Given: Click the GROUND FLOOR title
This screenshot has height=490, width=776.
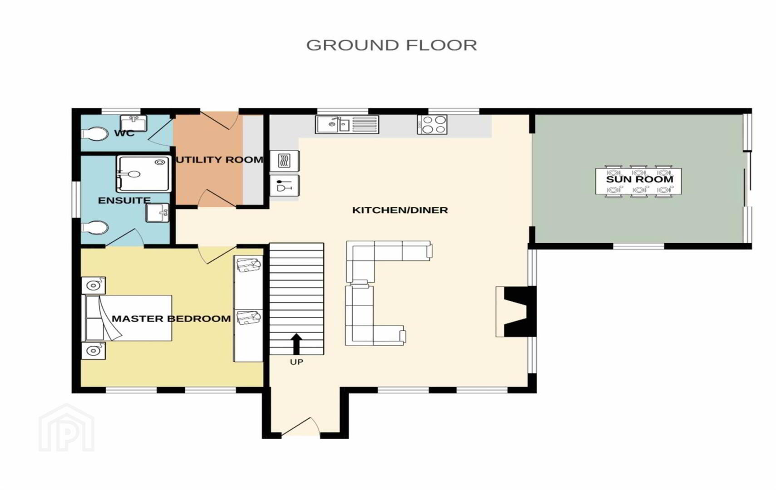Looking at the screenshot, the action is pos(391,45).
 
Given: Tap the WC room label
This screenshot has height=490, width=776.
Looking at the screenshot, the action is pos(124,133).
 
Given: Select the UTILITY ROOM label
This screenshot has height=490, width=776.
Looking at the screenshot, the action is pos(220,160).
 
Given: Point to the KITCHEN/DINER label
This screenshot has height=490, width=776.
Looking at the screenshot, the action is pos(400,210).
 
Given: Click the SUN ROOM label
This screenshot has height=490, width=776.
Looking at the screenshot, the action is pos(639,179).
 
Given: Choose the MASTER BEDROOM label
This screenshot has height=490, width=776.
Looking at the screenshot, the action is pos(171,318).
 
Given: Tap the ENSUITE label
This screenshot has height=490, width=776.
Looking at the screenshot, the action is pos(124,201).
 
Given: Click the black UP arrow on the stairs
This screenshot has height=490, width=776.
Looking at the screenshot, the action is pos(296,344).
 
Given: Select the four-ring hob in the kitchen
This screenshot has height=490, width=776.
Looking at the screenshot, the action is pos(432,125).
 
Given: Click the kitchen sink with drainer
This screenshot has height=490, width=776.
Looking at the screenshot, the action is pos(347,125).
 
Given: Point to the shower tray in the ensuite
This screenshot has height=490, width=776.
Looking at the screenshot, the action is pos(144,174).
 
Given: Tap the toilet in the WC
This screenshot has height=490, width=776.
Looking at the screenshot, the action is pos(94,134).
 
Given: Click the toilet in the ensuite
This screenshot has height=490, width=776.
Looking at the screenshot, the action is pos(94,228).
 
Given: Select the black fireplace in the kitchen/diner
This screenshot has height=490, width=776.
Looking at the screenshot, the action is pos(519,311).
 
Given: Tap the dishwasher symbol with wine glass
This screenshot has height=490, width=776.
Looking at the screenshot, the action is pos(284,187).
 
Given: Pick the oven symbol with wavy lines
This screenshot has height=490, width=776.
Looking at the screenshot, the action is pos(284,161).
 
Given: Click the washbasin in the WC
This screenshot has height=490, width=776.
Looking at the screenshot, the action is pos(133,123).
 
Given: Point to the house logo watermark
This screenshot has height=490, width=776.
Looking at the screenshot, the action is pos(66,428).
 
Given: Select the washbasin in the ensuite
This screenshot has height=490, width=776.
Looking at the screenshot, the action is pos(157,213).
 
